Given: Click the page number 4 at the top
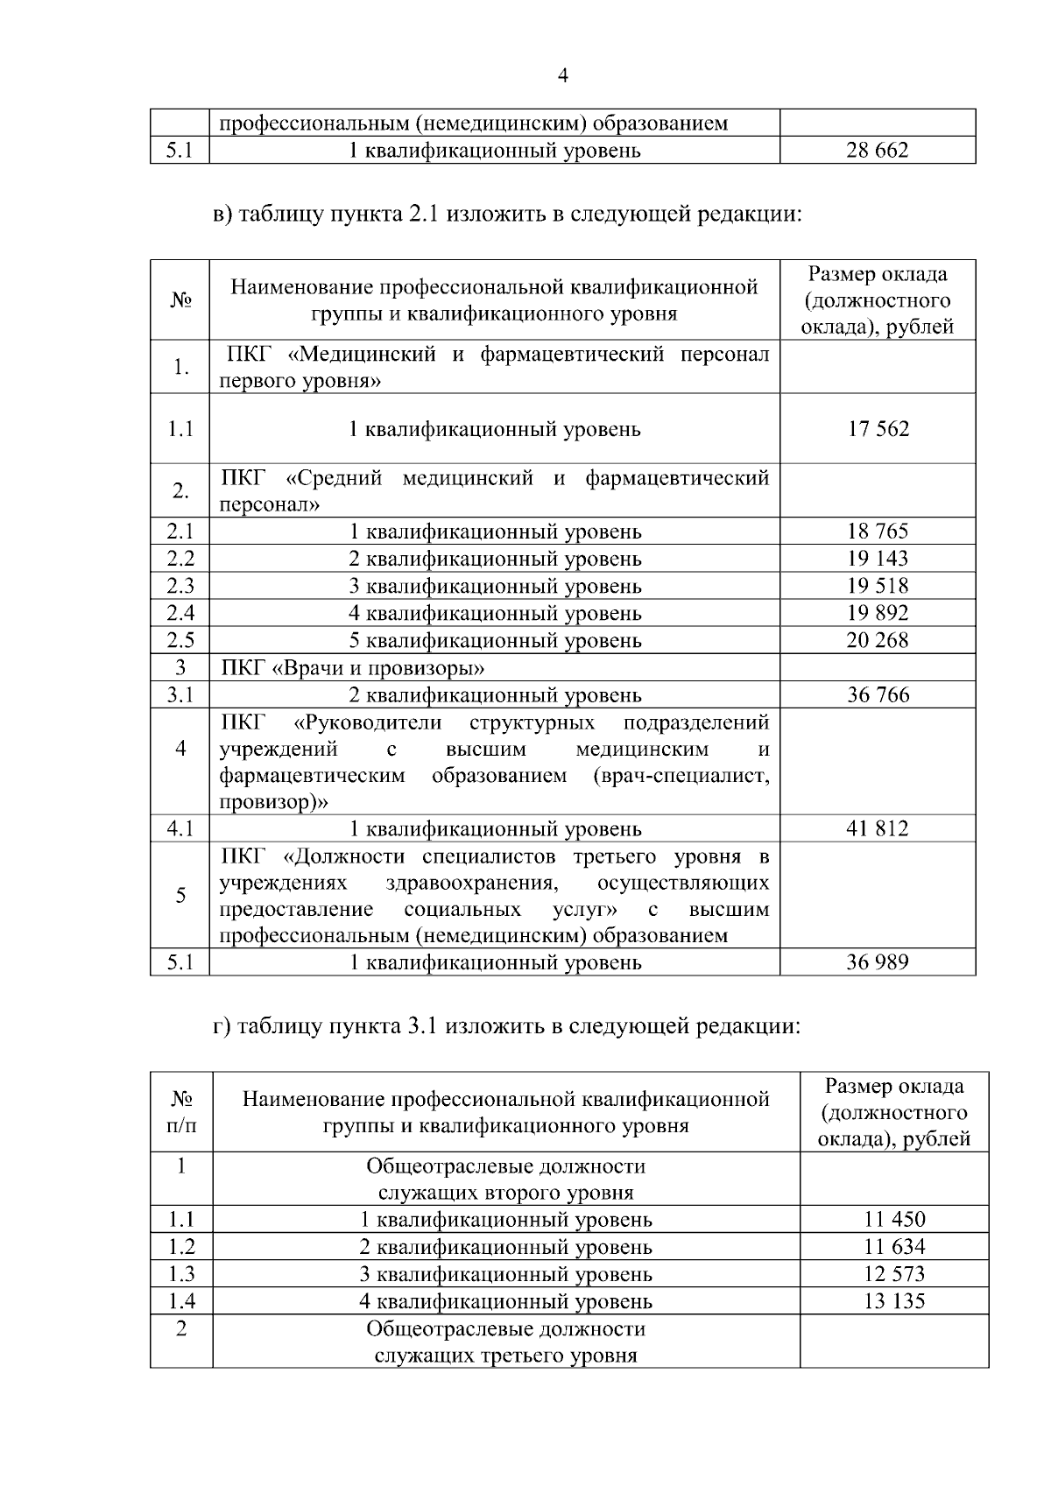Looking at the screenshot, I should click(x=563, y=76).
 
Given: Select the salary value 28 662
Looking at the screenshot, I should click(x=877, y=151).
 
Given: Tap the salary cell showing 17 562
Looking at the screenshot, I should click(x=878, y=429).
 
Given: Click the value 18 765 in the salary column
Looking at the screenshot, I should click(x=878, y=532).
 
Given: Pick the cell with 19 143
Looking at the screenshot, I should click(x=878, y=559).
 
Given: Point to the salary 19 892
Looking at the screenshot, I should click(x=878, y=613).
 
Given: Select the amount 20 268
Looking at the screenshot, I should click(x=878, y=640).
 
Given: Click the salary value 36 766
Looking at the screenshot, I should click(x=878, y=695).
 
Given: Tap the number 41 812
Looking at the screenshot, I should click(x=878, y=828).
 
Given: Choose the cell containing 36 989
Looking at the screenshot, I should click(x=878, y=962).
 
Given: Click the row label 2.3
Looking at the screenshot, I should click(x=180, y=586).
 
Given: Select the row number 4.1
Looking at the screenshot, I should click(x=180, y=828).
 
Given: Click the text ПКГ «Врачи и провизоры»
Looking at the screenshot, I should click(x=353, y=669).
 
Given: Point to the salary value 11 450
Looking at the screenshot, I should click(x=894, y=1220).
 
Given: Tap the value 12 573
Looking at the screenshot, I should click(x=894, y=1274).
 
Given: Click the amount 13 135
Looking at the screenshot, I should click(x=894, y=1301).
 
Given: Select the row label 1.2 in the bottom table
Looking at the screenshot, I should click(x=181, y=1247).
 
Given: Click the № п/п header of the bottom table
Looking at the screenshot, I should click(x=181, y=1111).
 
